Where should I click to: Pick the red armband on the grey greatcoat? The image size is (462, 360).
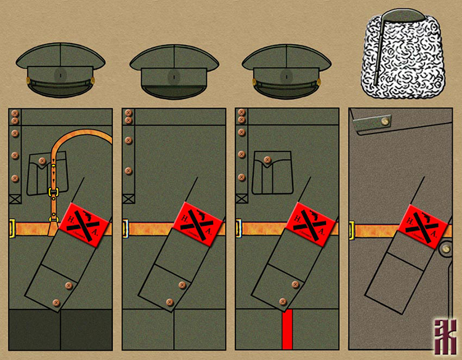(x=422, y=225)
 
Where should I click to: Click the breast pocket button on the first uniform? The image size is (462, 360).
(x=42, y=161)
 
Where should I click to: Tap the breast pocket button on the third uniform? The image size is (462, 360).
(x=267, y=161)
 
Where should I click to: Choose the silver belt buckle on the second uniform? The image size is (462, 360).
(x=124, y=229)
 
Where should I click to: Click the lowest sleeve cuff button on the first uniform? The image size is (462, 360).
(x=56, y=302)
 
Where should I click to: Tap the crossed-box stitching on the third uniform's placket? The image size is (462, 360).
(x=241, y=199)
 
